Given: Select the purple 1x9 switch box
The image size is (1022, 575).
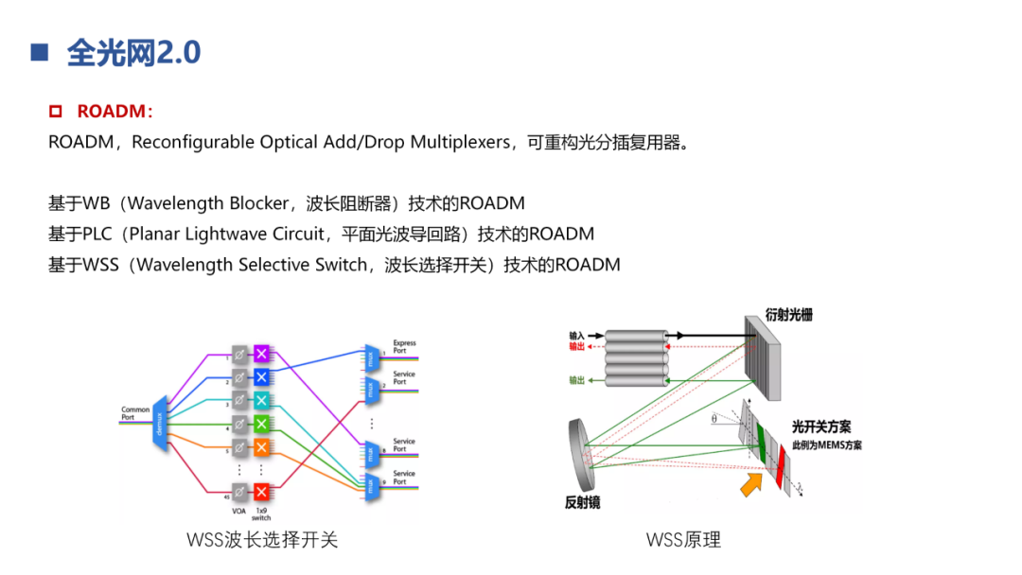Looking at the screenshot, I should click(262, 354).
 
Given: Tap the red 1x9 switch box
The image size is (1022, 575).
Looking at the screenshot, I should click(262, 492).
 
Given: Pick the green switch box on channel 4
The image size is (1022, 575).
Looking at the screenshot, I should click(262, 423).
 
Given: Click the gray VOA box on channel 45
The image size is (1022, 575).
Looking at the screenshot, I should click(240, 492).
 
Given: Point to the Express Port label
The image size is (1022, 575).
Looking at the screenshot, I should click(404, 346).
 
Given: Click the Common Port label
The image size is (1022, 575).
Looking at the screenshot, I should click(135, 413).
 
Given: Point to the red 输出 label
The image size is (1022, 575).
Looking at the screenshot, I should click(576, 347).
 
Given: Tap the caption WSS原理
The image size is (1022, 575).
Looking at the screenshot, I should click(683, 540).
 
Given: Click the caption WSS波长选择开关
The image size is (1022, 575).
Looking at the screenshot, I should click(262, 540).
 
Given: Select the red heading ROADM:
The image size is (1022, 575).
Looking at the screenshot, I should click(115, 112).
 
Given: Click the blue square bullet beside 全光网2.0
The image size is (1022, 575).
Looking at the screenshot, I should click(39, 52).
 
